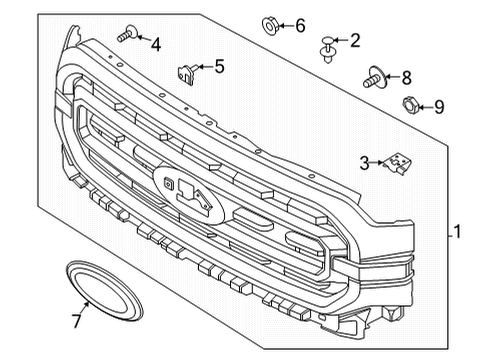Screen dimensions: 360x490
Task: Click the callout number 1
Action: click(457, 232)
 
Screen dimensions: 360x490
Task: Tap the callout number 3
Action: click(366, 160)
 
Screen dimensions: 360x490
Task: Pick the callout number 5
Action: click(219, 67)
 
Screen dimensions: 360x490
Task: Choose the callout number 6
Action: click(300, 25)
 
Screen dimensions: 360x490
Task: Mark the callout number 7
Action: click(75, 319)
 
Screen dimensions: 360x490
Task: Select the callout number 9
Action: click(438, 105)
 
